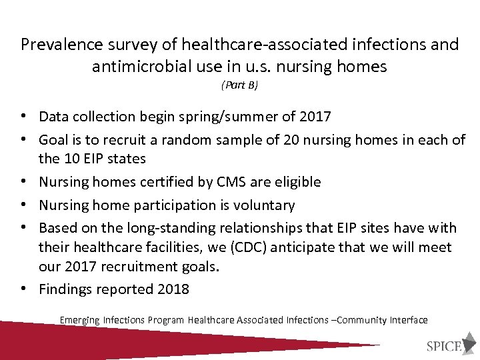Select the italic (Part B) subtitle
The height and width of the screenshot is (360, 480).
coord(239,85)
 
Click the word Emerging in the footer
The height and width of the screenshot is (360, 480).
coord(79,320)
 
